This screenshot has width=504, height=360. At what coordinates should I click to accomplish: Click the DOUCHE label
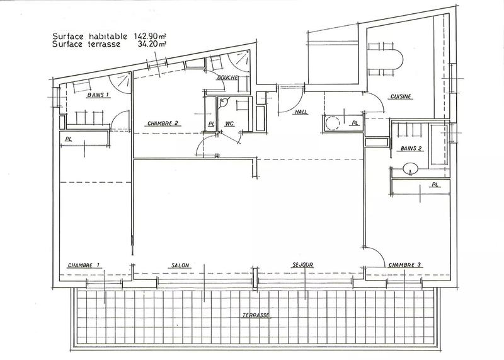point(226,78)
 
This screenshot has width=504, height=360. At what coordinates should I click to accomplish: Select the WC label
point(229,124)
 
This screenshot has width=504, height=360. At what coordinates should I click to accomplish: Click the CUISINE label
point(401,97)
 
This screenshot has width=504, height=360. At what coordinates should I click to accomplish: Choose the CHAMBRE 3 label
point(404,265)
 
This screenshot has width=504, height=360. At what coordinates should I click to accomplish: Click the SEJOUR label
point(303,265)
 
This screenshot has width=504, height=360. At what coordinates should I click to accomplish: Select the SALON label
point(180,265)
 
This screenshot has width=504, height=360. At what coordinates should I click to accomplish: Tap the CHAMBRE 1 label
point(84,265)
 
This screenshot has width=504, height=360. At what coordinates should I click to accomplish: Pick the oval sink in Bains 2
point(409,168)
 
